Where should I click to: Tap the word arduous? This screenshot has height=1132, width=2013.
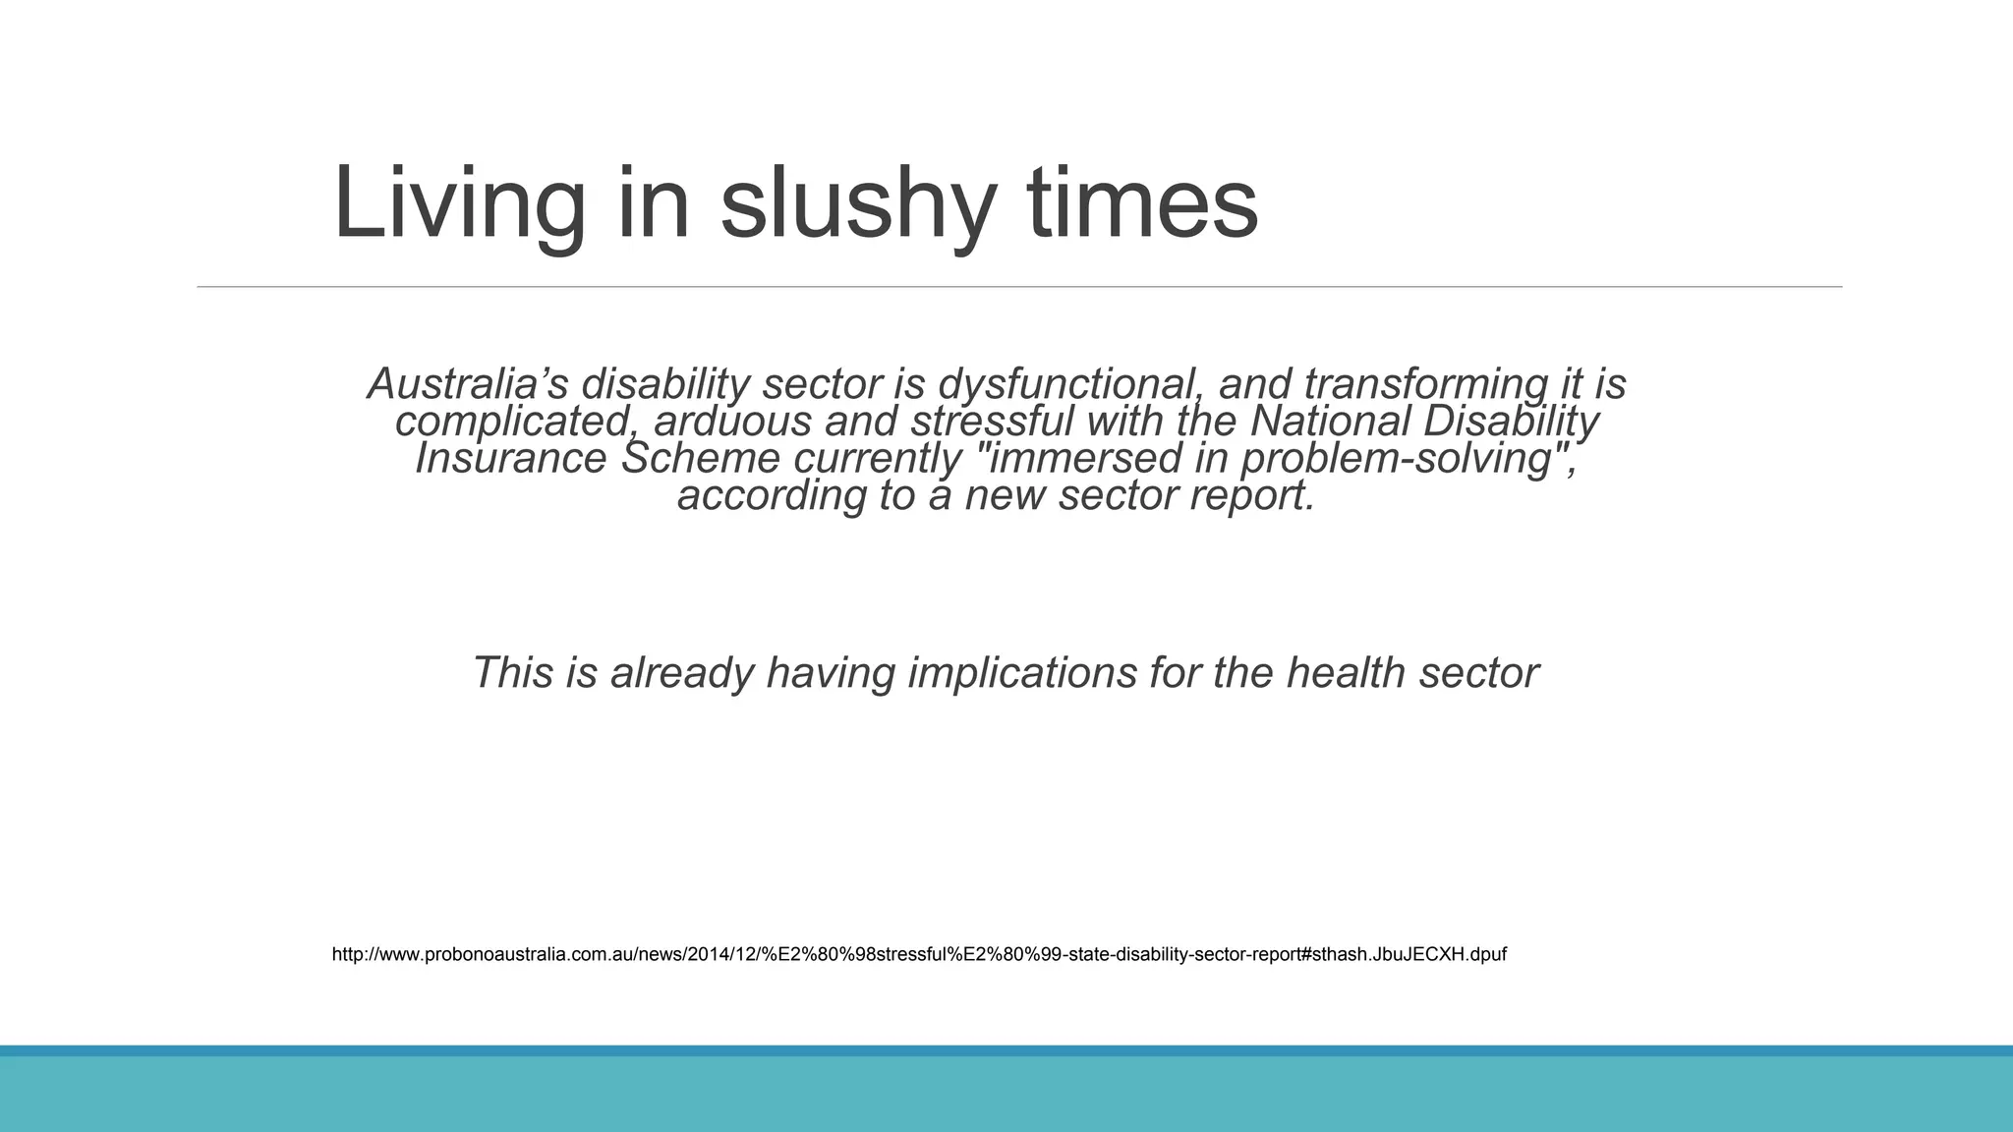click(x=732, y=421)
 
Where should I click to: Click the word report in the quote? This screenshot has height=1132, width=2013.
click(x=1251, y=495)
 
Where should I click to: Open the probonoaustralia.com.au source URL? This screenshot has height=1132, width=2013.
click(x=919, y=954)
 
